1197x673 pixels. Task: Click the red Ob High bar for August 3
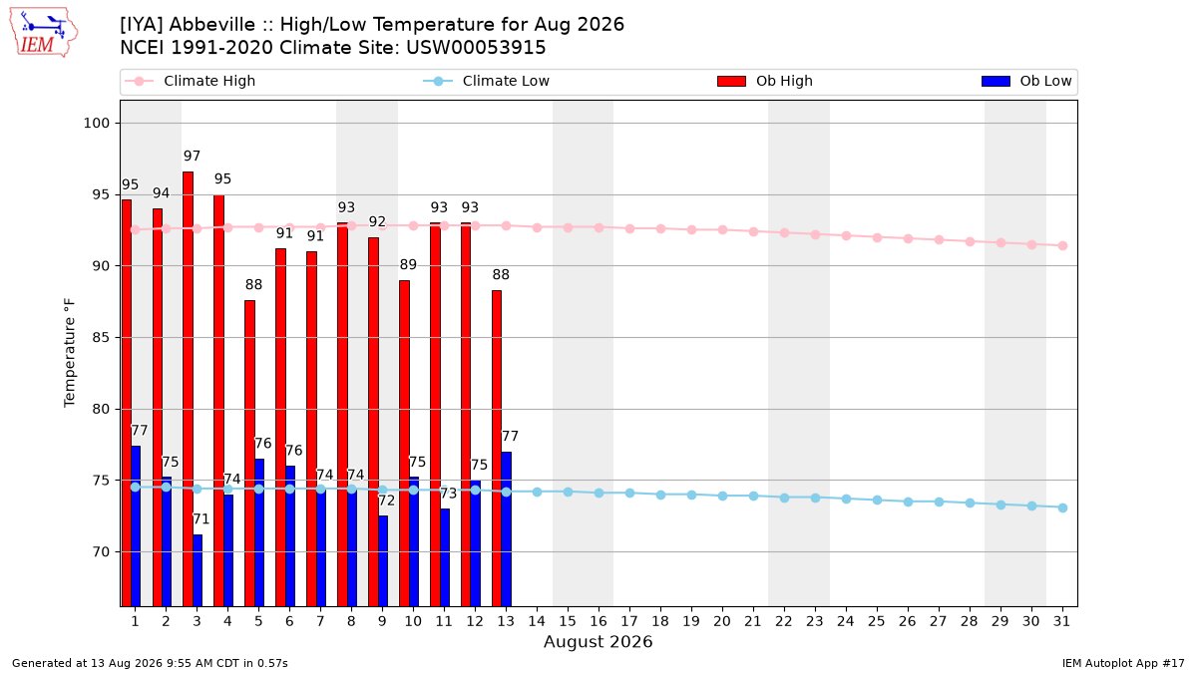189,389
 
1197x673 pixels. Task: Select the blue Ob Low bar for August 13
506,529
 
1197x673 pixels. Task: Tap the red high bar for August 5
250,454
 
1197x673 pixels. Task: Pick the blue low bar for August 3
198,570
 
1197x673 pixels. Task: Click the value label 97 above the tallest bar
192,156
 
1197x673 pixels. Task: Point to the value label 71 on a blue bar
200,519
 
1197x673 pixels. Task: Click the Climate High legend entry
191,81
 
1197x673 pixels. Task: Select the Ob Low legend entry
1026,81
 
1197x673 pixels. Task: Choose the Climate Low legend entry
487,81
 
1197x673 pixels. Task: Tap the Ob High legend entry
765,81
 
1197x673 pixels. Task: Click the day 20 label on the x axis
722,621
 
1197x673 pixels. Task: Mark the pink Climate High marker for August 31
1062,245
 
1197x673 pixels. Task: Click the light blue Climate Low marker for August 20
722,497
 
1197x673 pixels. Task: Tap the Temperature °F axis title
70,353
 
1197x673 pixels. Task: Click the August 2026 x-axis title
598,641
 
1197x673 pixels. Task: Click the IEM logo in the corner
43,33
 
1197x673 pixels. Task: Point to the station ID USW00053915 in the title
476,48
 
